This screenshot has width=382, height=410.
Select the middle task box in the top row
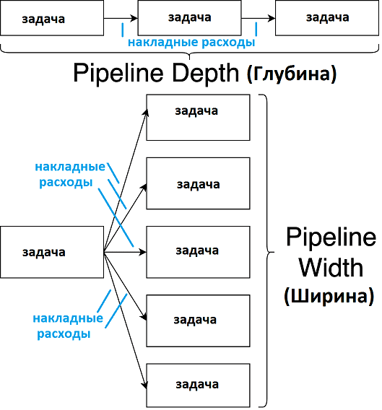click(x=188, y=18)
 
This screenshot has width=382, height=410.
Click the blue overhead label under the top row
click(x=191, y=43)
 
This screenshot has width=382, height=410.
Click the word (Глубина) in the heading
click(x=292, y=74)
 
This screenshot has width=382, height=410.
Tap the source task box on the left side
click(x=53, y=252)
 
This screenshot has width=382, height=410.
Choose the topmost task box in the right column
click(x=198, y=117)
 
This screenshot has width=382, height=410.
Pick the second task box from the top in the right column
click(x=198, y=183)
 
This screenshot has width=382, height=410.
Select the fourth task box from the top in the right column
click(x=198, y=318)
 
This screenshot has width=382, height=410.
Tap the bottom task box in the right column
click(x=198, y=383)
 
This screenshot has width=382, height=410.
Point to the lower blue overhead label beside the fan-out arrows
click(x=65, y=326)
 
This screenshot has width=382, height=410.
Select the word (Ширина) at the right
click(x=329, y=296)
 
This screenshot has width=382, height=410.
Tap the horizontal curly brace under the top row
click(x=189, y=53)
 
